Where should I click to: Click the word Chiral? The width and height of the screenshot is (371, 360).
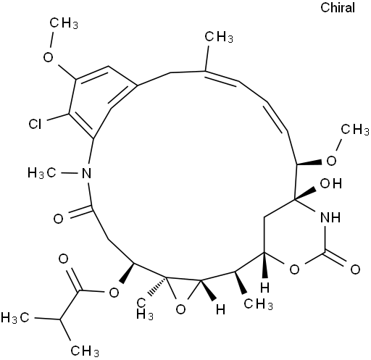pos(338,7)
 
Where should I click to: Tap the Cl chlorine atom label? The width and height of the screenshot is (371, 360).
pos(35,124)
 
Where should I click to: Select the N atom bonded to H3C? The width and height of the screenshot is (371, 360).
pos(86,173)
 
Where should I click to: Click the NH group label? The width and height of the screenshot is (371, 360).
pos(330,217)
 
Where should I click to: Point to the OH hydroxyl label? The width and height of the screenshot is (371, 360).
pos(331,183)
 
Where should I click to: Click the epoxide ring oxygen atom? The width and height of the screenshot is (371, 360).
pos(180,309)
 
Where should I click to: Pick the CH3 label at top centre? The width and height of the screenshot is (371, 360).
pos(219,38)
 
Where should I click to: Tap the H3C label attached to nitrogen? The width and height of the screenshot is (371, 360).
pos(42,173)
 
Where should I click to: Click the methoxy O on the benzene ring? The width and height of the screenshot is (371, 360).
pos(48,57)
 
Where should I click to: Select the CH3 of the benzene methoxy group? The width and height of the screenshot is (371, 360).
pos(64,23)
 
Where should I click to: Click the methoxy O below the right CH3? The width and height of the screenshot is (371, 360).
pos(331,161)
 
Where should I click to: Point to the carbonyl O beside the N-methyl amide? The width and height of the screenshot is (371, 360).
pos(58,219)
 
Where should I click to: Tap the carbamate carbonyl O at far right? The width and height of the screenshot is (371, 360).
pos(355,269)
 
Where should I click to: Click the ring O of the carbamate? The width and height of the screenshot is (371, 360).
pos(294,269)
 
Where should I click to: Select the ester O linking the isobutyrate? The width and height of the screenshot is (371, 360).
pos(114,293)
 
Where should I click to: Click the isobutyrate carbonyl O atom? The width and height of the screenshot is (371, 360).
pos(63,259)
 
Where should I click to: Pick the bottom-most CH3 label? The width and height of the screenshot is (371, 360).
pos(85,351)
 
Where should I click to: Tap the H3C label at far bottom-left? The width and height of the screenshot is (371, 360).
pos(15,317)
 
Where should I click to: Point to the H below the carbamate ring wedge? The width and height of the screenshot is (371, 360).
pos(265,288)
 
